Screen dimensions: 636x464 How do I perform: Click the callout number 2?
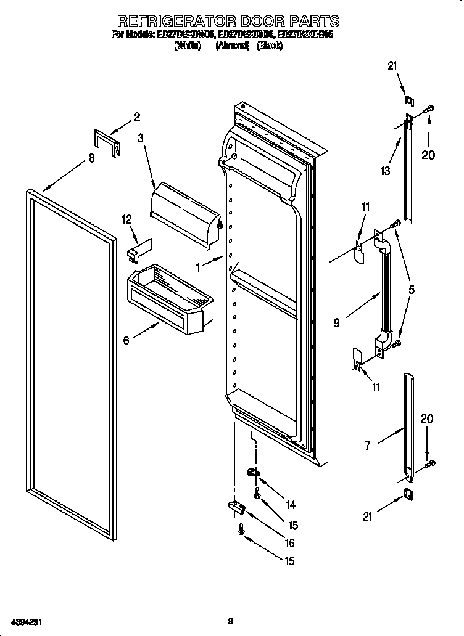[137, 116]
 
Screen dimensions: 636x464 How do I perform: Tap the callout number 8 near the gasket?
[91, 158]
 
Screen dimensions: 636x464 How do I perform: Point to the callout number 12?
[127, 219]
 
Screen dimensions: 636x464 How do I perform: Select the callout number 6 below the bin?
[126, 340]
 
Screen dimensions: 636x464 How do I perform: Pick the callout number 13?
[386, 171]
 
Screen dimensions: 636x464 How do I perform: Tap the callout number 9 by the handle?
[336, 322]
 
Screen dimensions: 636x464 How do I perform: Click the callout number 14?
[290, 505]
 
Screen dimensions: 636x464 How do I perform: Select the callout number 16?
[289, 543]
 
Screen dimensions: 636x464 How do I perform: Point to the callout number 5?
[411, 289]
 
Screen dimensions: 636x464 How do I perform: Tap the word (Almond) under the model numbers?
[232, 46]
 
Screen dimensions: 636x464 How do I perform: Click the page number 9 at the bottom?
[230, 622]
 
